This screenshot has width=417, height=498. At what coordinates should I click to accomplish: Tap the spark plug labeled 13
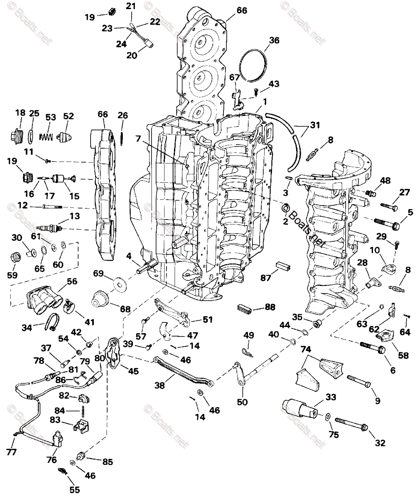pos(50,228)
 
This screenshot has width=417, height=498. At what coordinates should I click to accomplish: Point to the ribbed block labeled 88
pos(245,308)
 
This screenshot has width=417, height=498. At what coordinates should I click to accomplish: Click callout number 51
pos(207,320)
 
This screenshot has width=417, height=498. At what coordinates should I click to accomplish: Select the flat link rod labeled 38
pos(183,370)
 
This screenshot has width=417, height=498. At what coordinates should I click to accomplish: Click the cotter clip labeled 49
pos(247,351)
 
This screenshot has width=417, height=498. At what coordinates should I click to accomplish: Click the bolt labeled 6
pos(372,347)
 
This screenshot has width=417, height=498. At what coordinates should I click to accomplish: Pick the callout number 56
pos(72,281)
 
